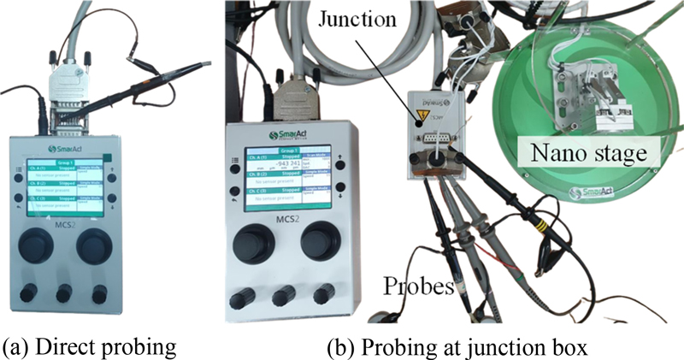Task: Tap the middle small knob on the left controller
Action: click(x=64, y=293)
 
